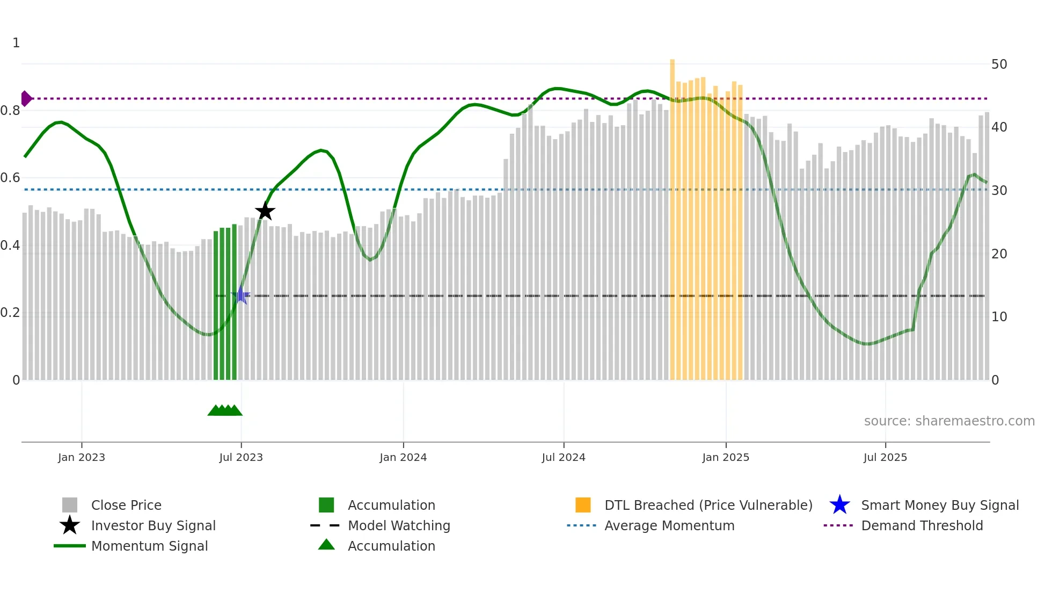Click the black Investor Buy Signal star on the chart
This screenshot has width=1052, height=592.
point(265,211)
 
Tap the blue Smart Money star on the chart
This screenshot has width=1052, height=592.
point(242,295)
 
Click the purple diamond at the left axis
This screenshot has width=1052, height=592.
point(26,99)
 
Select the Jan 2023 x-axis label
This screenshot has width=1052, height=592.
point(82,458)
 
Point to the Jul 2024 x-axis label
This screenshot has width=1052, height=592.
point(564,458)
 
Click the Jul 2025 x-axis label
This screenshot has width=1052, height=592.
point(885,458)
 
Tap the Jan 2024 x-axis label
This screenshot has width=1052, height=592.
point(403,458)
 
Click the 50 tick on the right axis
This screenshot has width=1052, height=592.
point(999,64)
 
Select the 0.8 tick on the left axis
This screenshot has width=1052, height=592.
point(10,111)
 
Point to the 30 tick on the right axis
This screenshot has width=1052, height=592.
point(999,191)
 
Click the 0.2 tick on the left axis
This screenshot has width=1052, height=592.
point(10,313)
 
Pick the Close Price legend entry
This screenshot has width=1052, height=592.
point(126,506)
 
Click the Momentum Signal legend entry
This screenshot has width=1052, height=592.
point(149,546)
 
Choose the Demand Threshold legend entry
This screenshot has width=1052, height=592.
point(922,526)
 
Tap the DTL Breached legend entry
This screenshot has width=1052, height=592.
point(708,506)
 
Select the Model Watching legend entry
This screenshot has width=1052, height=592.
point(399,526)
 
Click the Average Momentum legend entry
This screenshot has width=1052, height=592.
point(669,526)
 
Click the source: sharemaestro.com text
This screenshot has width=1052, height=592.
point(949,421)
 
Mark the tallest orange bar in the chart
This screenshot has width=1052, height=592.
point(672,215)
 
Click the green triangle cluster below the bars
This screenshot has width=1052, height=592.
point(225,410)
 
